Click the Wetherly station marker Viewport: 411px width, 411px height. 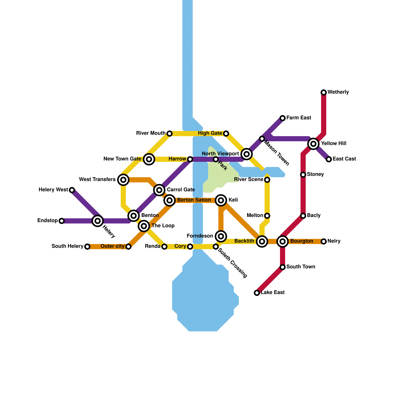pyautogui.click(x=324, y=92)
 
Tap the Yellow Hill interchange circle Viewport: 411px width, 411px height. pyautogui.click(x=313, y=144)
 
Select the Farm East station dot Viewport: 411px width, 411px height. pyautogui.click(x=283, y=118)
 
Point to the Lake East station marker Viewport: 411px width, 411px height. pyautogui.click(x=257, y=293)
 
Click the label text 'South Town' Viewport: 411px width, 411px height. pyautogui.click(x=301, y=267)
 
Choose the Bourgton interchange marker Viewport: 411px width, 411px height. pyautogui.click(x=283, y=241)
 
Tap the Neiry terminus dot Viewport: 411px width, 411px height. pyautogui.click(x=324, y=241)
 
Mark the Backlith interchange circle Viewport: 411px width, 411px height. pyautogui.click(x=262, y=241)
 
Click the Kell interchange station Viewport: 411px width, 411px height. pyautogui.click(x=221, y=200)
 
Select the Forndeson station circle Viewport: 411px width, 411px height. pyautogui.click(x=221, y=236)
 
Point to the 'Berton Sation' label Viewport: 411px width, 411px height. pyautogui.click(x=194, y=200)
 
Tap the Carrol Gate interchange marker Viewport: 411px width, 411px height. pyautogui.click(x=159, y=190)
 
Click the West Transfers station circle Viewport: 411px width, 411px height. pyautogui.click(x=123, y=180)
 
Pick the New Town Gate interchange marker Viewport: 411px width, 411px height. pyautogui.click(x=149, y=159)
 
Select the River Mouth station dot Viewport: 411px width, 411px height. pyautogui.click(x=170, y=133)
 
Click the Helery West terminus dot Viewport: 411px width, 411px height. pyautogui.click(x=72, y=190)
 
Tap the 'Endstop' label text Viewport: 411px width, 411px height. pyautogui.click(x=48, y=220)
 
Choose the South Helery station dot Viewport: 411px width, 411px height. pyautogui.click(x=87, y=246)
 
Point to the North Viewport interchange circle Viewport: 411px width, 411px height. pyautogui.click(x=247, y=154)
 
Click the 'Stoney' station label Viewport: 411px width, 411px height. pyautogui.click(x=315, y=174)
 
